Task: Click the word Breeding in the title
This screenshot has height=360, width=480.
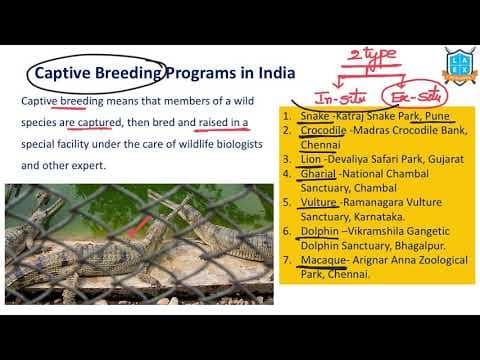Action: pos(127,73)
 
